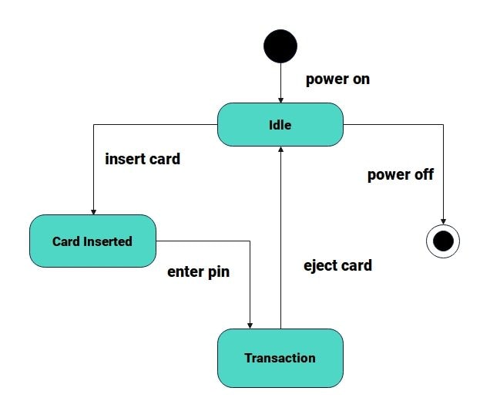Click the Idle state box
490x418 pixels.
tap(280, 124)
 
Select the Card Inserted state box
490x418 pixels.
tap(92, 241)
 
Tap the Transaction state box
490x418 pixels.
tap(280, 358)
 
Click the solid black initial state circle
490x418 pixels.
tap(280, 46)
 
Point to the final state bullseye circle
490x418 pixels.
tap(443, 241)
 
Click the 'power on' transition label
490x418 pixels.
tap(337, 79)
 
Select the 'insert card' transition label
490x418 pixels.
tap(143, 160)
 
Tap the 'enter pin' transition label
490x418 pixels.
tap(198, 272)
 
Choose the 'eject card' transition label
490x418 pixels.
tap(337, 265)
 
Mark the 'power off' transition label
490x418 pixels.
tap(400, 174)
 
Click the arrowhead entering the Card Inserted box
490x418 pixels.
tap(92, 211)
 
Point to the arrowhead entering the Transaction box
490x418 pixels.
tap(250, 325)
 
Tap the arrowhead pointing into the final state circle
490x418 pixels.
tap(443, 221)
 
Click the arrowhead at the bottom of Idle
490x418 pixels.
tap(280, 150)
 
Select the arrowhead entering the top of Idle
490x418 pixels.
tap(280, 99)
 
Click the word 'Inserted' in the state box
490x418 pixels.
tap(109, 241)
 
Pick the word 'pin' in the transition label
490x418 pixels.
tap(219, 272)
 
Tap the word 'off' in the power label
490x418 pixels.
tap(422, 174)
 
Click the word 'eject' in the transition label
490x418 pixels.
tap(320, 265)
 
